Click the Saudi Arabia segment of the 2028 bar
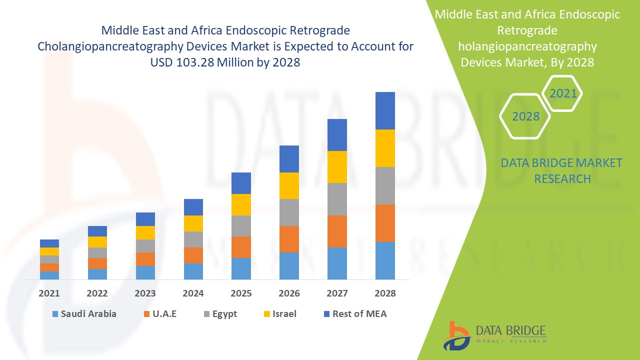click(x=385, y=260)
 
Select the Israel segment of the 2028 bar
click(x=385, y=148)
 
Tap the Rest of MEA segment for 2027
click(x=337, y=135)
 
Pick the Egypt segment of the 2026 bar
click(x=289, y=212)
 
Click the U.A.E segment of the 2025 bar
click(x=241, y=247)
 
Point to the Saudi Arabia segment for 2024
click(x=193, y=271)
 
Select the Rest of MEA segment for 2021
click(x=49, y=243)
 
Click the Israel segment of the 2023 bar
click(x=145, y=232)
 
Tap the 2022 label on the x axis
click(x=97, y=293)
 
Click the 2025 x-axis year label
click(x=241, y=293)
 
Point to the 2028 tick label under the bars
click(x=385, y=293)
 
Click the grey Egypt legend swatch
click(x=206, y=314)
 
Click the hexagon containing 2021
click(x=563, y=93)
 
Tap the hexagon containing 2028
click(x=525, y=116)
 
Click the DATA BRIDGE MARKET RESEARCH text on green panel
click(x=561, y=170)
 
